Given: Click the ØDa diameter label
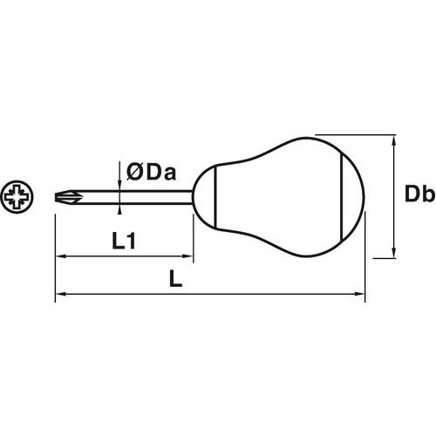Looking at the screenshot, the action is pos(151,173).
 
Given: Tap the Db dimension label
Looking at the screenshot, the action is pos(420,194).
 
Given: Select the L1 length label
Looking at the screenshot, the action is pos(124,241).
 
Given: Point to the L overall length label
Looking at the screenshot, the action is pos(175,279).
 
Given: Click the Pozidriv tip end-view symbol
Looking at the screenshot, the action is pos(17,197).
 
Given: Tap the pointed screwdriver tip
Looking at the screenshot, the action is pos(56,197).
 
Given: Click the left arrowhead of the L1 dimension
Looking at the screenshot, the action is pos(60,256).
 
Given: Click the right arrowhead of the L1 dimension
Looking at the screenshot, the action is pos(188,256).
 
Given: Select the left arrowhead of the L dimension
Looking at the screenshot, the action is pos(60,294).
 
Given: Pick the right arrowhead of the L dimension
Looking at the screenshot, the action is pos(360,294).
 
